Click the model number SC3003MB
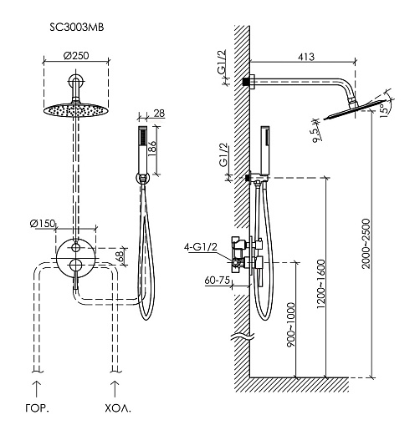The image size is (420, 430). tap(77, 28)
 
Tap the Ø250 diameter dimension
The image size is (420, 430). tap(76, 55)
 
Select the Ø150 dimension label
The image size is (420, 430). tap(43, 223)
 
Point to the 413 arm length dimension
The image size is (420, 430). tap(306, 57)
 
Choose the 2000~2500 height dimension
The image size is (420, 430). tap(366, 244)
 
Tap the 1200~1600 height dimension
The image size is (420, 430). tap(321, 284)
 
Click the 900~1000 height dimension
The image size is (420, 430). tap(291, 325)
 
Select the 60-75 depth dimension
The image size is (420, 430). tap(218, 280)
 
